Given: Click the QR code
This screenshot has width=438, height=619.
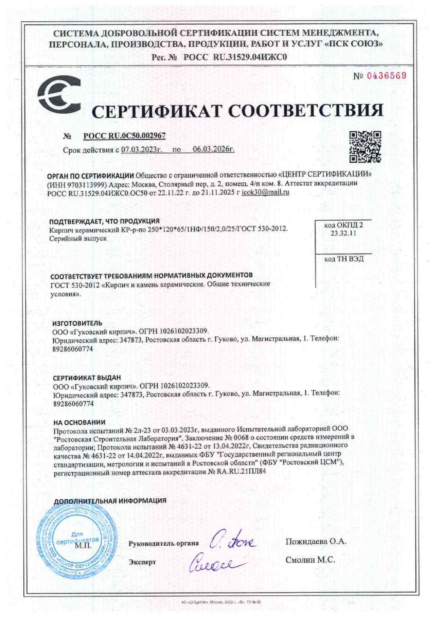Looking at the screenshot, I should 365,146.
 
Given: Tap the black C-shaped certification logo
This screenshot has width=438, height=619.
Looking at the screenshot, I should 59,95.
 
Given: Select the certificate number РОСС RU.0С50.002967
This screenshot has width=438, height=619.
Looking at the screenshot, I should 125,136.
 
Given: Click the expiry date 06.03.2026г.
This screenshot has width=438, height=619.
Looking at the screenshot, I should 213,149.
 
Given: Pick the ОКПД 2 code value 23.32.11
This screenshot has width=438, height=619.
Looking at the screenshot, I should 343,233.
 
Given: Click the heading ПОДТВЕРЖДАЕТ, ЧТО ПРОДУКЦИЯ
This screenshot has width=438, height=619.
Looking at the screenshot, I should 104,221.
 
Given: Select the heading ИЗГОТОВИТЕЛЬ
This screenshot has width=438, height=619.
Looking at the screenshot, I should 77,323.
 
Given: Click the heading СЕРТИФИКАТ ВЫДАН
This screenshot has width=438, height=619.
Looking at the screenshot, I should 87,378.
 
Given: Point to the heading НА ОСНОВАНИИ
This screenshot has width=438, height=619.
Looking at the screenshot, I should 79,422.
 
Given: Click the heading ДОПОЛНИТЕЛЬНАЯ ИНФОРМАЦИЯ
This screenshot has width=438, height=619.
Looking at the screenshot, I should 110,500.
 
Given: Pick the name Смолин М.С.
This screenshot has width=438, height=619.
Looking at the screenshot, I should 310,560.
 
